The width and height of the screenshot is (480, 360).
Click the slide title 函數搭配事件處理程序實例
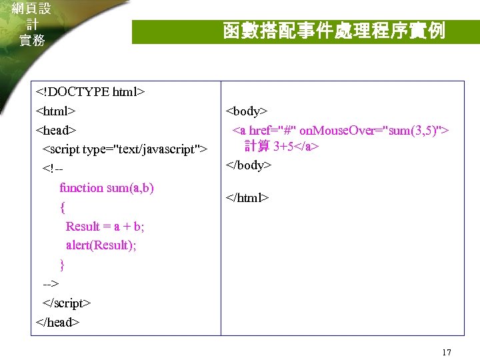(x=333, y=31)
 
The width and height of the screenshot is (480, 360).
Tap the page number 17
(x=447, y=352)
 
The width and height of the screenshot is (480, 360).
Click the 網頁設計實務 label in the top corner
(x=31, y=24)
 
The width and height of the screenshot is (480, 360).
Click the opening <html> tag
(x=55, y=110)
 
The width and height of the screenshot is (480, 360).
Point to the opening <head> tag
(x=56, y=129)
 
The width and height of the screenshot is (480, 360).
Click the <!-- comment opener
(x=52, y=168)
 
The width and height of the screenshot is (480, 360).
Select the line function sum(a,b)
(x=107, y=187)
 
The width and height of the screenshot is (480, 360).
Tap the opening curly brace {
(x=63, y=207)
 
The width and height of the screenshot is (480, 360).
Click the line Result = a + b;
(x=105, y=226)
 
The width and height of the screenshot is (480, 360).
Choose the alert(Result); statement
(x=101, y=245)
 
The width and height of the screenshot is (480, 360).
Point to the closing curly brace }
(x=63, y=265)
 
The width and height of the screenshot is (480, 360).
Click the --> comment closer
(x=50, y=284)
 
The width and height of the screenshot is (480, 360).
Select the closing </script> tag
(x=66, y=303)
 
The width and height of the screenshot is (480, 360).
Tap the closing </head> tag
(x=57, y=323)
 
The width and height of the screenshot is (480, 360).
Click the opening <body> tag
(x=247, y=111)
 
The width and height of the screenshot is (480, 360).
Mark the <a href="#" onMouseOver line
(x=340, y=129)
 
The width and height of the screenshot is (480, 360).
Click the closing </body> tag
(x=249, y=165)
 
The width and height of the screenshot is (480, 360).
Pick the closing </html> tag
(x=248, y=197)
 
